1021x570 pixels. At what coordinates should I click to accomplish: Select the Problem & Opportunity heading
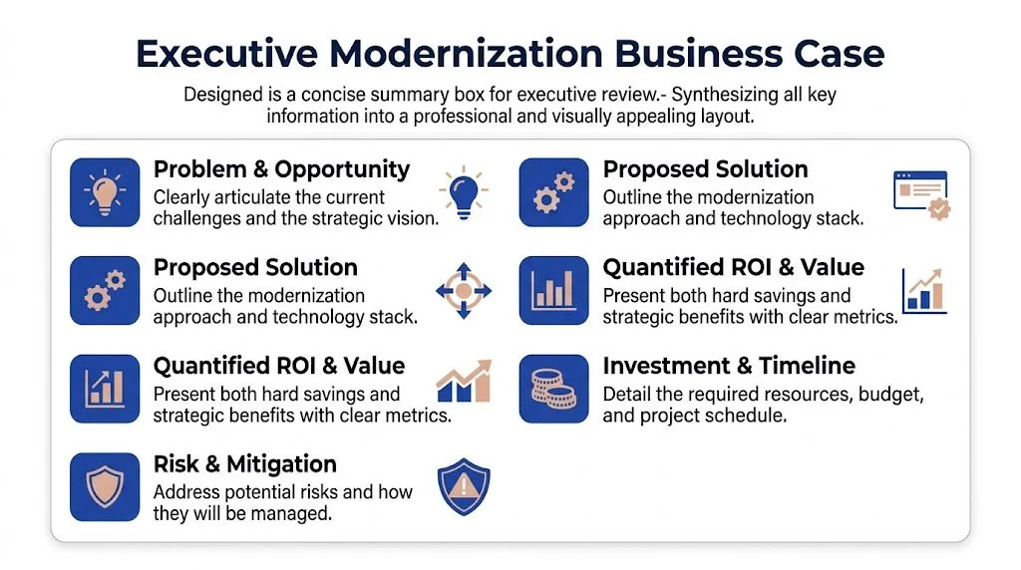tap(281, 169)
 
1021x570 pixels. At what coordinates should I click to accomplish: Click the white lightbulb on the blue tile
tap(104, 192)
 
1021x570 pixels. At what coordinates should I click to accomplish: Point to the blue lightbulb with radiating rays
tap(464, 192)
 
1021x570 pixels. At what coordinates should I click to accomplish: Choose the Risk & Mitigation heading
tap(245, 464)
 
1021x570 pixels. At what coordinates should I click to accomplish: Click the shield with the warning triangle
tap(464, 487)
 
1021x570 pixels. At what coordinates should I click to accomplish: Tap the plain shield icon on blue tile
tap(104, 487)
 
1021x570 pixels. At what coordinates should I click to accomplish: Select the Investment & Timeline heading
tap(729, 366)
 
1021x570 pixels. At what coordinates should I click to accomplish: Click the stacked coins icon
tap(553, 389)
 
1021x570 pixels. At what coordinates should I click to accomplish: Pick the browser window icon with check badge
tap(920, 194)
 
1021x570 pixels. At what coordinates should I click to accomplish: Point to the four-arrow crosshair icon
tap(464, 291)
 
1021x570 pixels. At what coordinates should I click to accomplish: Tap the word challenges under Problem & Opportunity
tap(200, 218)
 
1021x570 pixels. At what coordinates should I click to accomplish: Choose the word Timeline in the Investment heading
tap(807, 366)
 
